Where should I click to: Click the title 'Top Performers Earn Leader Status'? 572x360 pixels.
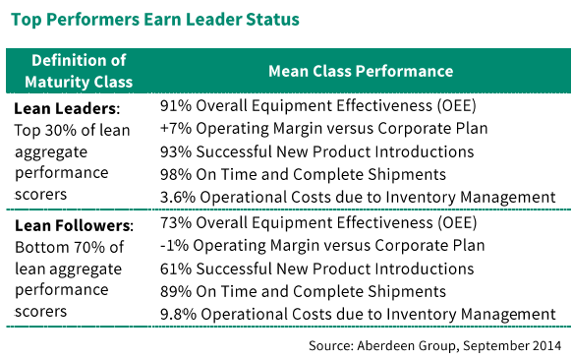(x=154, y=19)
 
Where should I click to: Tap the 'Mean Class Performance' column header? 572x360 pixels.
(x=361, y=72)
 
